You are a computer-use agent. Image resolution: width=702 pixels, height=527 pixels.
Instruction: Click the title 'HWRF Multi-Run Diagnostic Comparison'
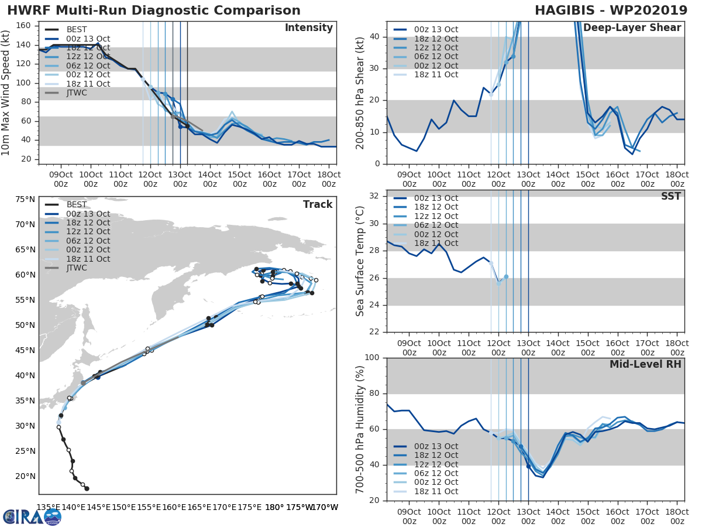(x=154, y=11)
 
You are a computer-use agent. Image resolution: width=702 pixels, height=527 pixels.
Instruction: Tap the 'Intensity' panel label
(x=308, y=28)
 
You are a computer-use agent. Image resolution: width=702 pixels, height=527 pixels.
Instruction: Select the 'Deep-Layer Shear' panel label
(x=632, y=28)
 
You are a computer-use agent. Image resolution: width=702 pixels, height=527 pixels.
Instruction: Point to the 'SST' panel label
(x=670, y=197)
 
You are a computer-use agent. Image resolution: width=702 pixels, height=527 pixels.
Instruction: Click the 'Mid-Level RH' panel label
(x=645, y=364)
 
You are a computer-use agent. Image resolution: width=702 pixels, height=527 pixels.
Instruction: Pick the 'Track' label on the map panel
(x=318, y=204)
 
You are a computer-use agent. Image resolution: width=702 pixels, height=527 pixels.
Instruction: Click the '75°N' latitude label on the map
(x=25, y=200)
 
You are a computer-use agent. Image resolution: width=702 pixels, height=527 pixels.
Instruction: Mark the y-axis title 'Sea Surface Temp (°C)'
(x=360, y=261)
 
